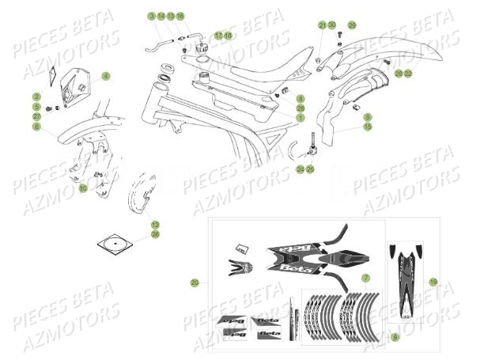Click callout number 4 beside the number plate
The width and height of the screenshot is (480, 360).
(106, 75)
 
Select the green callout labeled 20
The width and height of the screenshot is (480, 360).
(195, 282)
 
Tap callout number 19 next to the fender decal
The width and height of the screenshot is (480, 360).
(433, 281)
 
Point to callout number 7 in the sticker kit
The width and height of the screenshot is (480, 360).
(365, 279)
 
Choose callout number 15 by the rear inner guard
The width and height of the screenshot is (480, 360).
(368, 127)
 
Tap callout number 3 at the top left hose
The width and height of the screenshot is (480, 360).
(150, 16)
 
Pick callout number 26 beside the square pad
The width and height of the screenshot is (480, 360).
(155, 234)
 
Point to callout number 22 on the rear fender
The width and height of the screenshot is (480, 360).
(408, 74)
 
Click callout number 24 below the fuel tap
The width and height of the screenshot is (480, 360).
(300, 169)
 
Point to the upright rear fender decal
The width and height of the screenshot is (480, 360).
(406, 293)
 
